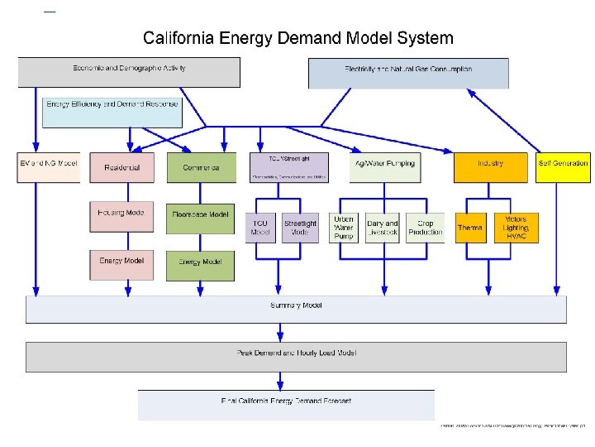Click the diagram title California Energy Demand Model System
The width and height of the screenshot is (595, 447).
(297, 38)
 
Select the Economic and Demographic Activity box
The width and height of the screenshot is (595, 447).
(129, 71)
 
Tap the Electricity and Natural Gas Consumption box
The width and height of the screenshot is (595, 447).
(408, 73)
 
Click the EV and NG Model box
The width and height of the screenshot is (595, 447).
(48, 167)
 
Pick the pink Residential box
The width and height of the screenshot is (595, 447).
(122, 167)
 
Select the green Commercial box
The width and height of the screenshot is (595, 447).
(201, 167)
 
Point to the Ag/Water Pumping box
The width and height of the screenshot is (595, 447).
(384, 166)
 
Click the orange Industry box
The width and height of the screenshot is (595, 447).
(490, 166)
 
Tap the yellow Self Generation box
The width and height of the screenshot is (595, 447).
(564, 166)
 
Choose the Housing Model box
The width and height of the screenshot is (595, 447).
(122, 216)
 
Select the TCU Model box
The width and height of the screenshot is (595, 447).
(261, 228)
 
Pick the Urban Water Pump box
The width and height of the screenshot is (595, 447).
(344, 228)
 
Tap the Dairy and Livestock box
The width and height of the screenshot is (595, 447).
(382, 228)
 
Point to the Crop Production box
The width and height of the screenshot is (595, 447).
(426, 228)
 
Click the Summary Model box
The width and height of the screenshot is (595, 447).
(297, 309)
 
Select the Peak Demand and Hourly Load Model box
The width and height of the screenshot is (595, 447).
(297, 356)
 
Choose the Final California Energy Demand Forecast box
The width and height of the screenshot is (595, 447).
(286, 405)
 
